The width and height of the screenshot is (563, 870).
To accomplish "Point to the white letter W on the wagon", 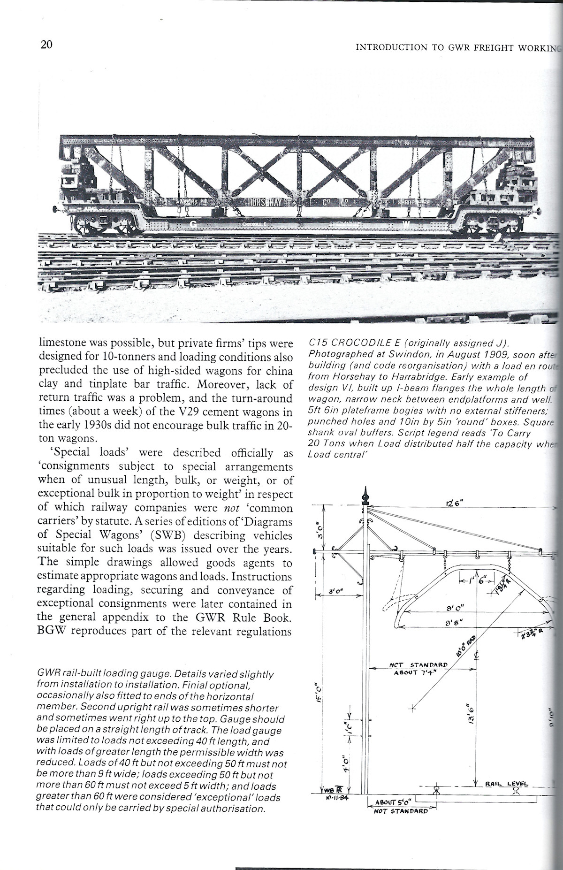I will pyautogui.click(x=406, y=225).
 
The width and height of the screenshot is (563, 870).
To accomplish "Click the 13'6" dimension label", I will pyautogui.click(x=471, y=715).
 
